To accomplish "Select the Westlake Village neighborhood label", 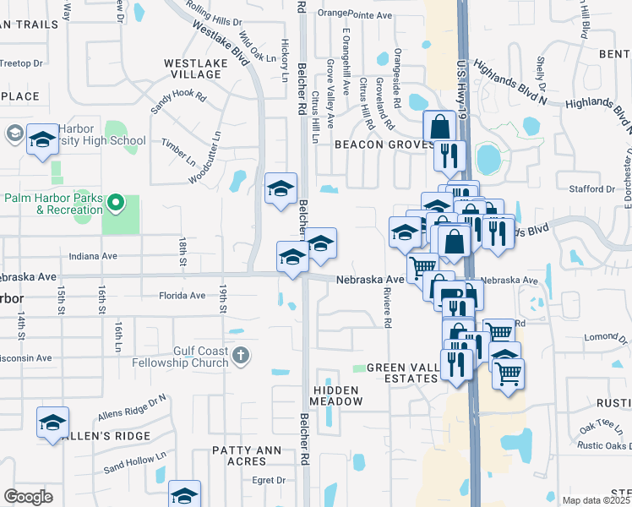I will (x=193, y=68).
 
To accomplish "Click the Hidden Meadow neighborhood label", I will (x=336, y=395).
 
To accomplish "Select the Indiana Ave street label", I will (x=93, y=256).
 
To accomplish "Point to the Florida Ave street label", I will (x=183, y=296).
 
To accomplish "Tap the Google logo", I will (x=28, y=497).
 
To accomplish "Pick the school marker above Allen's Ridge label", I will (x=52, y=423).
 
